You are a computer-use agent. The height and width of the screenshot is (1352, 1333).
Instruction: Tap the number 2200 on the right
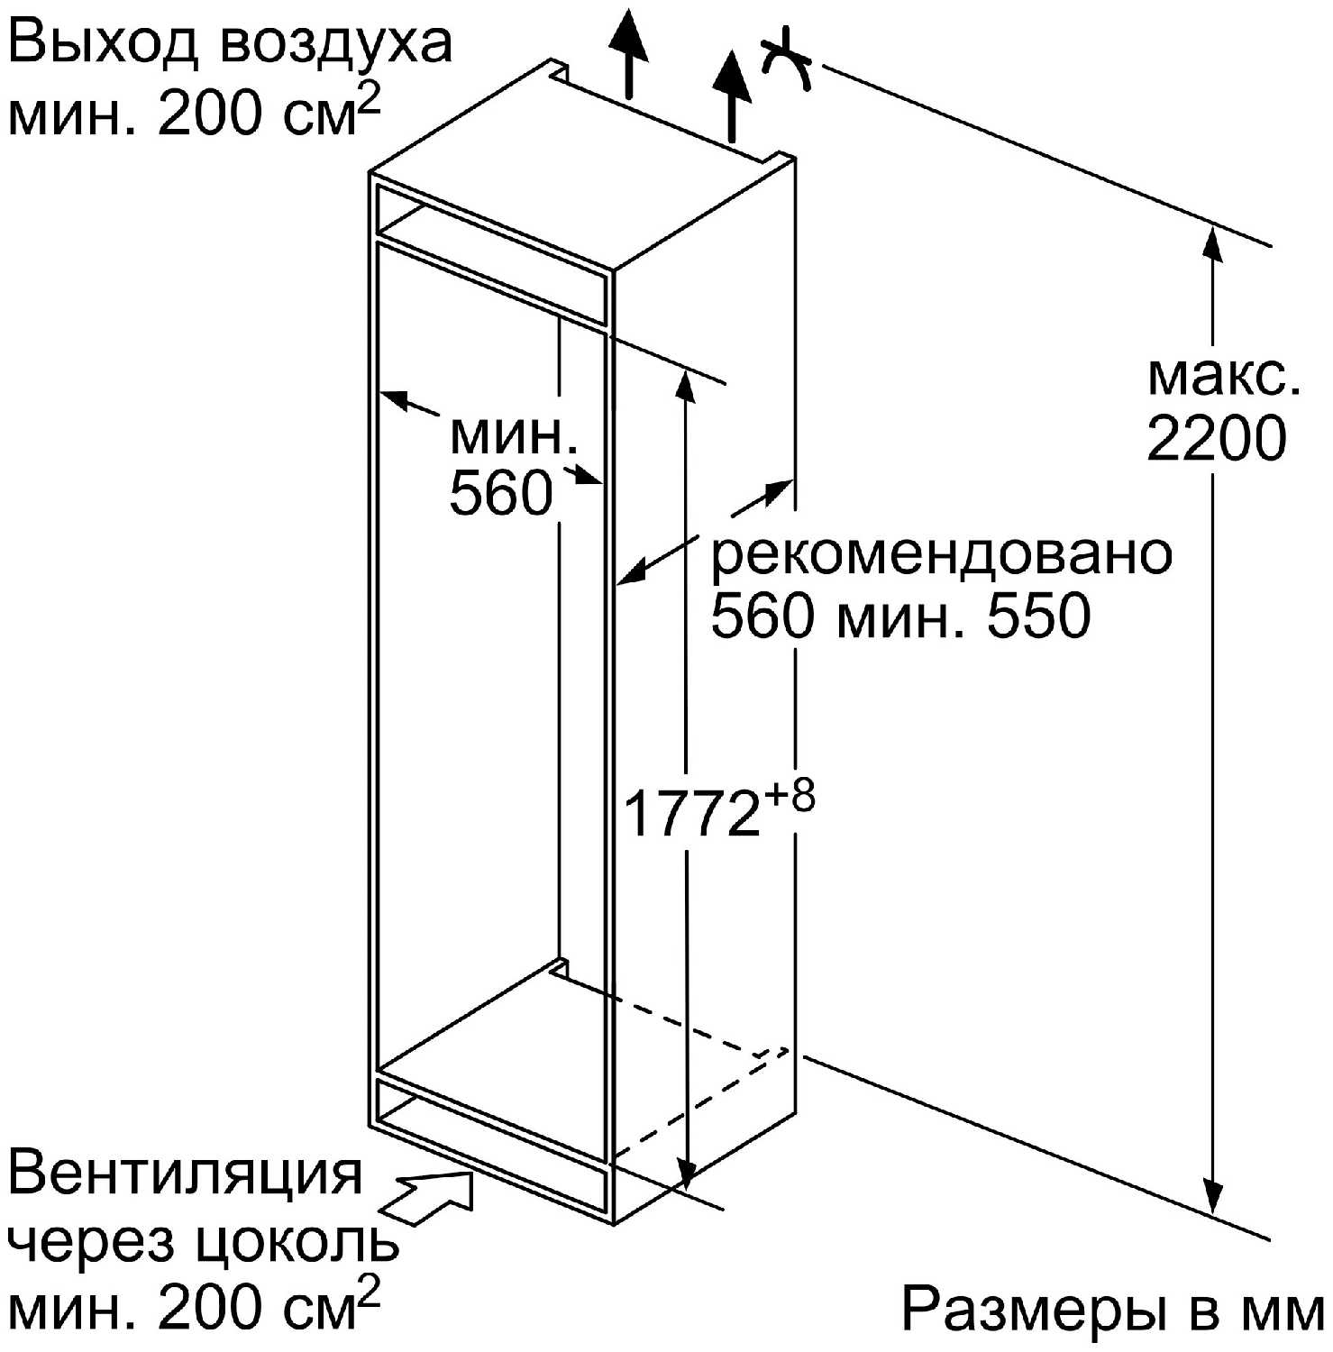tap(1216, 439)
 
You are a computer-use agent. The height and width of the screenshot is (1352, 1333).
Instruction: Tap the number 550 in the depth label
tap(1038, 617)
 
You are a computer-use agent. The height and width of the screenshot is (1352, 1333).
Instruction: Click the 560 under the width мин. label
tap(500, 493)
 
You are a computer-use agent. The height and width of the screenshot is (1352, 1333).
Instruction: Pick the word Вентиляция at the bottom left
tap(185, 1174)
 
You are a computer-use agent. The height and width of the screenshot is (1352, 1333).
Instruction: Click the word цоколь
tap(297, 1244)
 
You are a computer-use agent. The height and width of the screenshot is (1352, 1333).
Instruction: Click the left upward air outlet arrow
tap(628, 50)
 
